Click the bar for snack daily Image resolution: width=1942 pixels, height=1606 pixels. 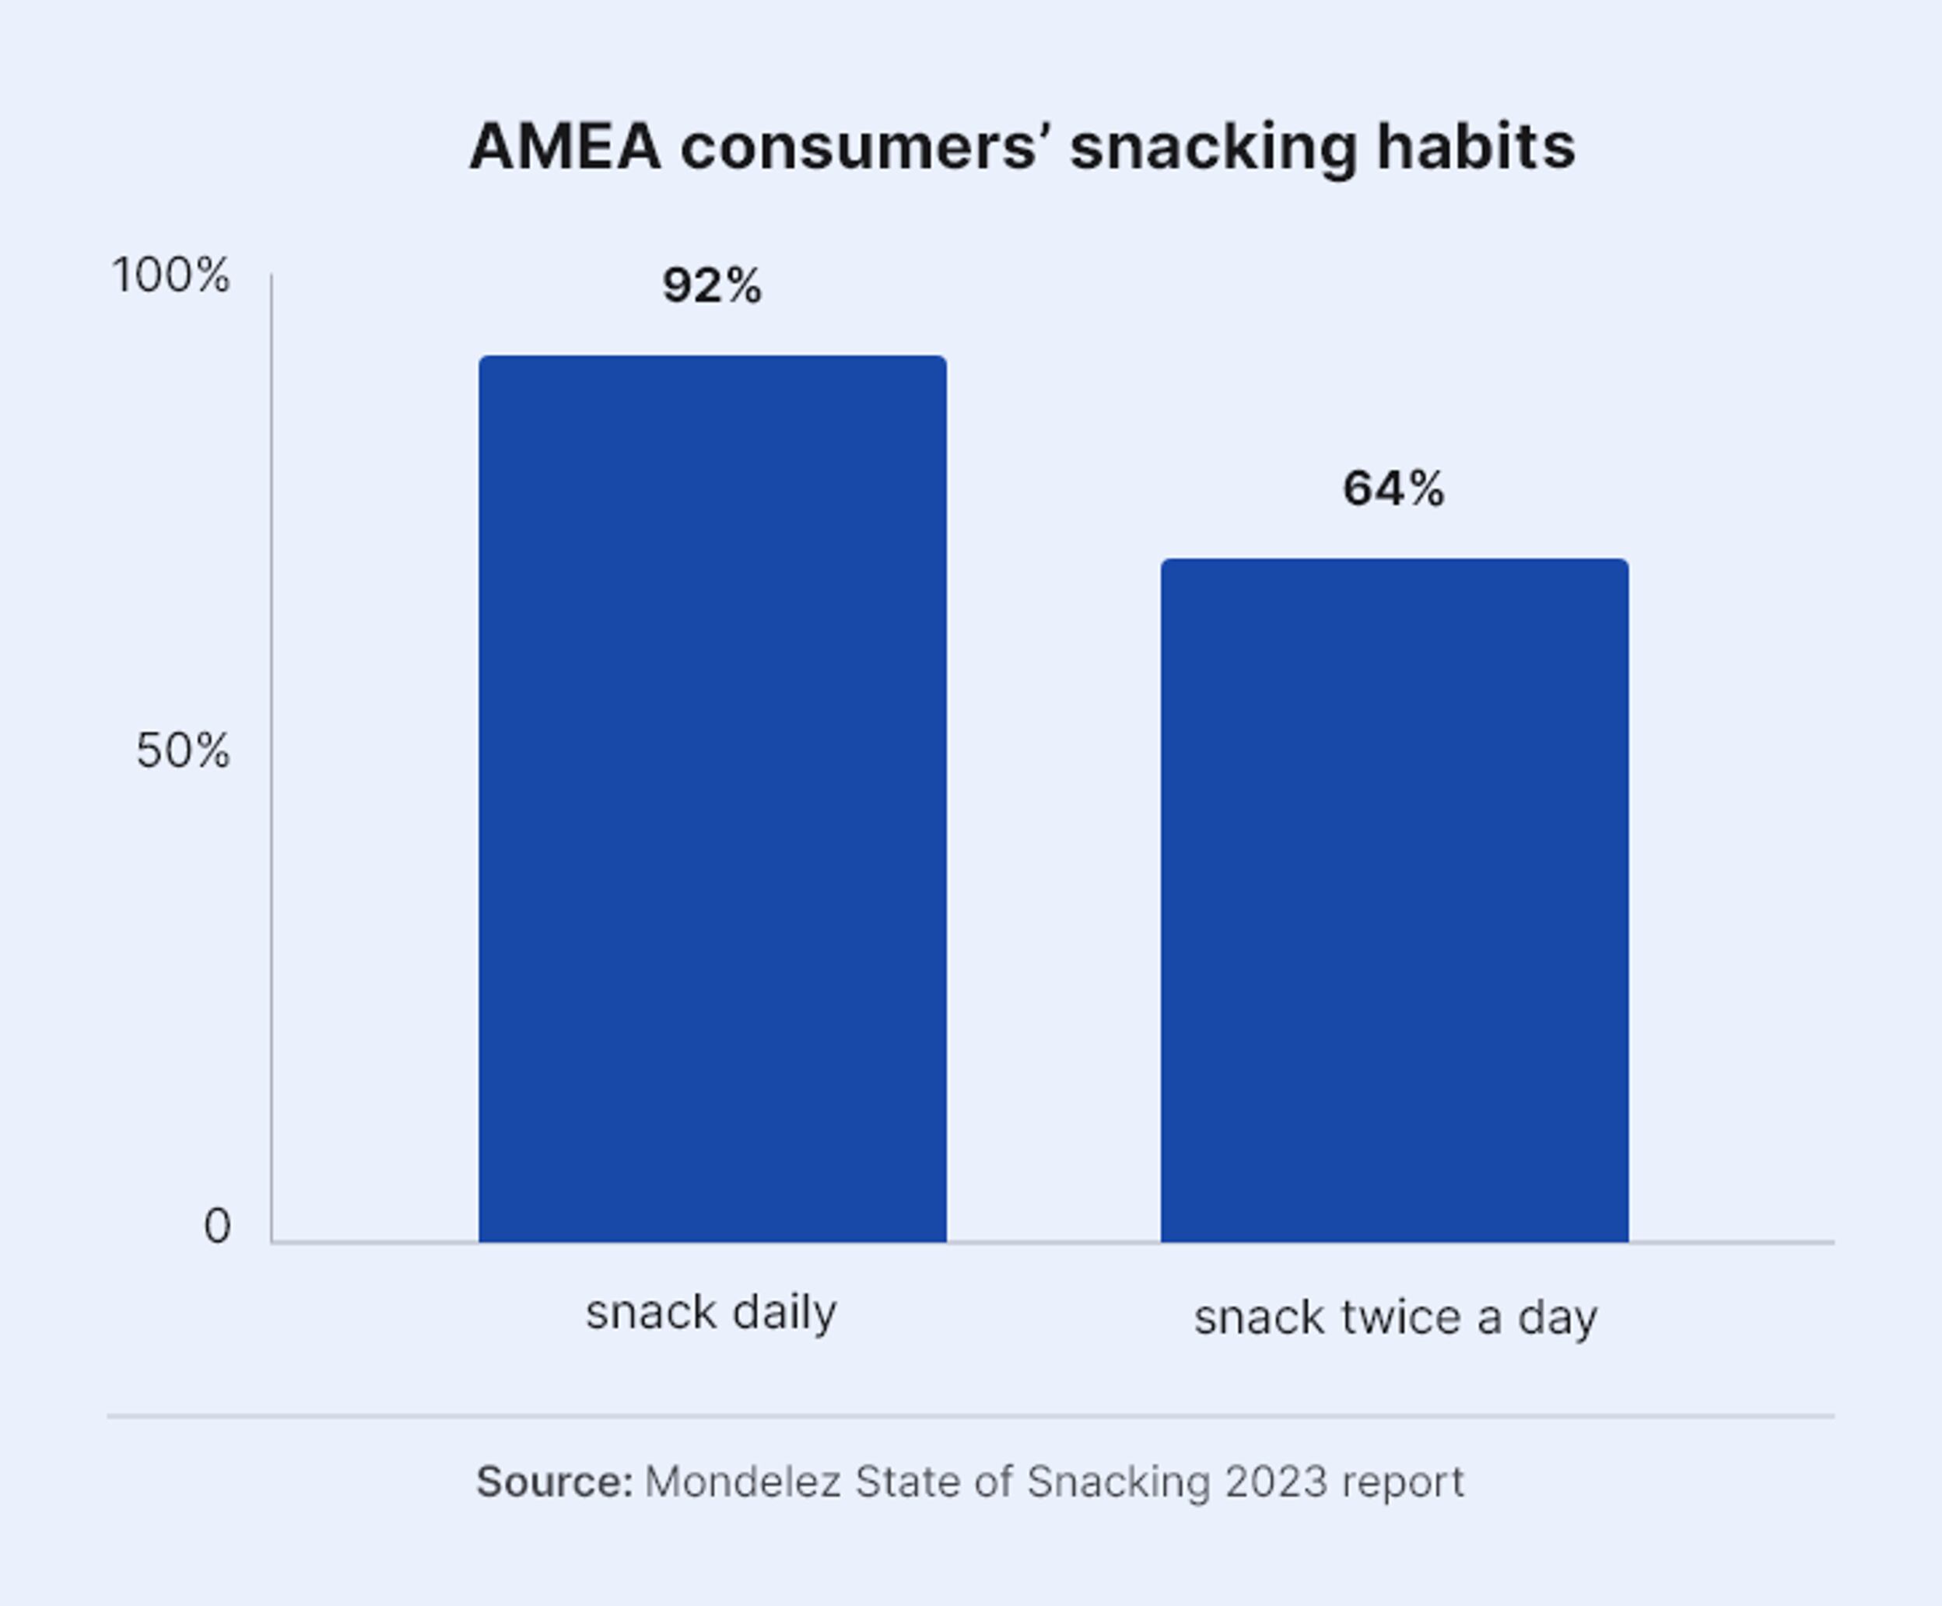tap(712, 799)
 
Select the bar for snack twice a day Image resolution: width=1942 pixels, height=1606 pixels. tap(1394, 901)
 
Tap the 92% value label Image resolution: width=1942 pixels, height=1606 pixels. tap(712, 285)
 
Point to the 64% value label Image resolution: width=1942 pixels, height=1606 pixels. tap(1393, 489)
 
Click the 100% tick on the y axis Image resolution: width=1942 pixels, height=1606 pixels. tap(170, 275)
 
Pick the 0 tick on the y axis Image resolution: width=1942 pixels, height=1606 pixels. tap(216, 1227)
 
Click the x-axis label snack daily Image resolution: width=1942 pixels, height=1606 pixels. tap(711, 1313)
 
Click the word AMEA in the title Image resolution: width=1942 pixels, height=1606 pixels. tap(566, 147)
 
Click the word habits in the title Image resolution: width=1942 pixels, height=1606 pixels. tap(1476, 146)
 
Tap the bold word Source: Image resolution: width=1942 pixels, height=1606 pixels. tap(555, 1482)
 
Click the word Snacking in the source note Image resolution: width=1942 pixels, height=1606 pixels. tap(1118, 1484)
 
